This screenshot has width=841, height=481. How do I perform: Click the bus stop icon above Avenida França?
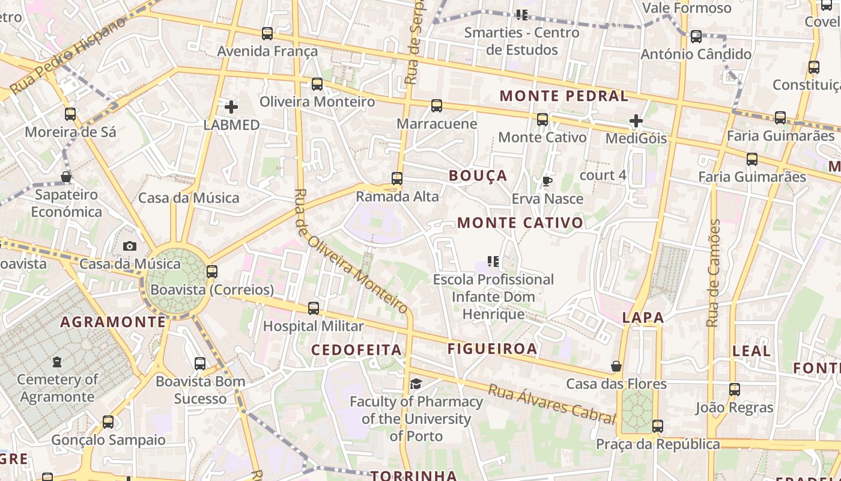(267, 34)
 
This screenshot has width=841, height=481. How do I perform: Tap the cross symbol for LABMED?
(231, 108)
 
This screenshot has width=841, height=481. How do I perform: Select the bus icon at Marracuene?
(437, 106)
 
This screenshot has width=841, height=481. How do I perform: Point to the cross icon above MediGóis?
(636, 121)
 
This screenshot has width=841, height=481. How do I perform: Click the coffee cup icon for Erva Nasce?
(547, 181)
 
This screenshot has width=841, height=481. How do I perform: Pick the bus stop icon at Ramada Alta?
(396, 179)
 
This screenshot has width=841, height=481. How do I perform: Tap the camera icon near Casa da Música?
(129, 246)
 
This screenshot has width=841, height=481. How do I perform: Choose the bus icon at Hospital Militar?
(314, 308)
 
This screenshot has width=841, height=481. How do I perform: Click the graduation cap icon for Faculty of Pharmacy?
(416, 384)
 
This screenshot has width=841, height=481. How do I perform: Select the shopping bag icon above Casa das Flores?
(616, 366)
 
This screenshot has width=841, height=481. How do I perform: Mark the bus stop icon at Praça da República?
(658, 426)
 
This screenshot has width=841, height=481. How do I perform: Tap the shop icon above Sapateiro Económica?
(67, 177)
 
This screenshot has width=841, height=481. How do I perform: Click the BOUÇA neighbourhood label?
(478, 176)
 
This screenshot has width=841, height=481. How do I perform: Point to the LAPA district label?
(643, 318)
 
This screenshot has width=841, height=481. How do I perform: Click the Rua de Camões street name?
(714, 273)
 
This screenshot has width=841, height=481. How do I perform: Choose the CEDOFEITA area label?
(356, 350)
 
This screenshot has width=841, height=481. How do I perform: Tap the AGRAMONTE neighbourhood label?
(113, 322)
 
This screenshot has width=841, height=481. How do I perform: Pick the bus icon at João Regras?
(735, 390)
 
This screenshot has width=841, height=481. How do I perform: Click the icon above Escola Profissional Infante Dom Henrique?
(493, 262)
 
